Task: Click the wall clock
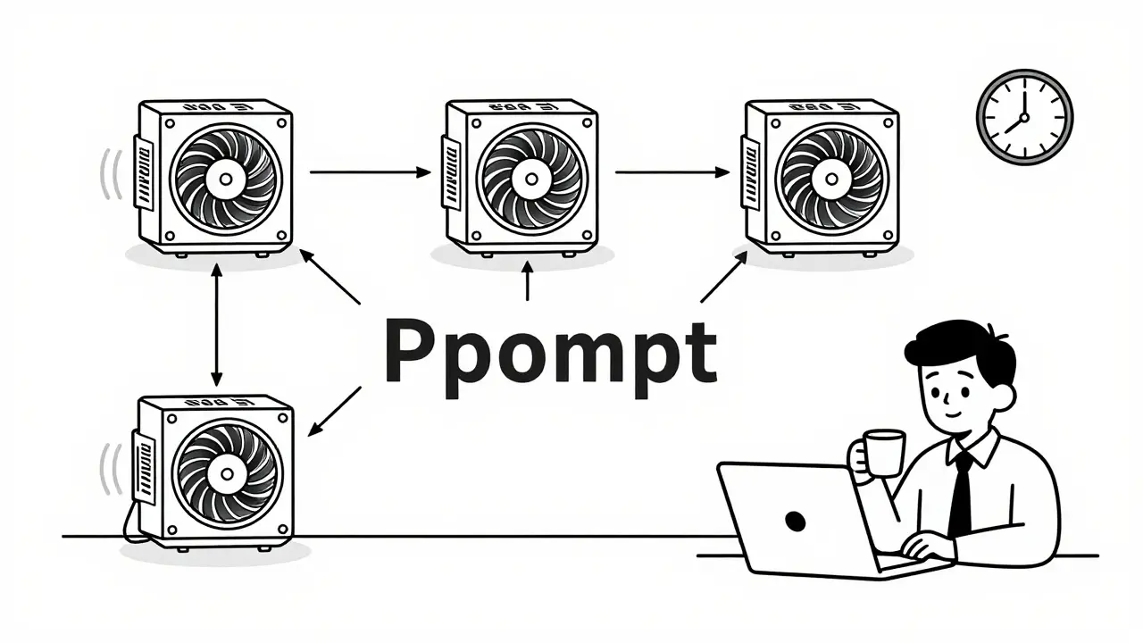click(1024, 118)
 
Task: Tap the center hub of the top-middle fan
click(526, 177)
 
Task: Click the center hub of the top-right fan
click(825, 177)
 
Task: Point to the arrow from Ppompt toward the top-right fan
click(723, 277)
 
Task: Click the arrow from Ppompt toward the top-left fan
click(330, 276)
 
